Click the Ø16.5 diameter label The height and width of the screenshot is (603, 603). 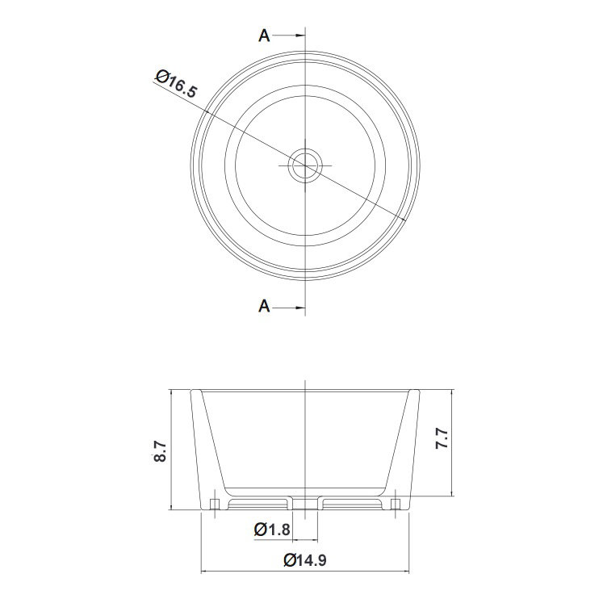click(177, 84)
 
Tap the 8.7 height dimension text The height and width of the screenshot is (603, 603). click(160, 451)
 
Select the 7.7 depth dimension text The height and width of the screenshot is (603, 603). click(442, 438)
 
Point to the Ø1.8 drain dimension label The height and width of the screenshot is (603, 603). click(272, 530)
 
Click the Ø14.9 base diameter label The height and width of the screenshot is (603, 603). click(305, 559)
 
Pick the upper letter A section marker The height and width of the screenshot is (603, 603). click(264, 36)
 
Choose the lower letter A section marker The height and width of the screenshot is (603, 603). click(264, 307)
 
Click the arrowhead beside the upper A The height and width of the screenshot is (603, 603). click(300, 36)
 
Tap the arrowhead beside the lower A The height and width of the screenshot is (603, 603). click(300, 308)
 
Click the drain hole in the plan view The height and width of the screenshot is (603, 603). click(305, 165)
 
